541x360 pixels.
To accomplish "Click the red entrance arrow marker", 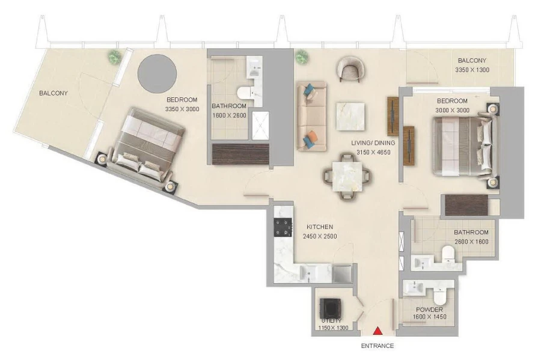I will click(377, 331).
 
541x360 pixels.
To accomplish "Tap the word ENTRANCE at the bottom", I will click(377, 346).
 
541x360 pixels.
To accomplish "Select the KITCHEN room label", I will click(320, 227).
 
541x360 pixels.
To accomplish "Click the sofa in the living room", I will click(311, 117).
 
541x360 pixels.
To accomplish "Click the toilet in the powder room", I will click(439, 296).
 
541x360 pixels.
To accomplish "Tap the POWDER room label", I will click(429, 310).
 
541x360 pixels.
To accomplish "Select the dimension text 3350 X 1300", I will click(472, 70).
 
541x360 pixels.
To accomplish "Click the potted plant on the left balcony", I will click(114, 56).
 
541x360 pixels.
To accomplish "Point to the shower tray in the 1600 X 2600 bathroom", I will click(260, 125).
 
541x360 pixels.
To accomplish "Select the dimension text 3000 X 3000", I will click(452, 111).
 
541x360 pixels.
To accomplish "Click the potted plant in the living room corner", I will click(302, 57).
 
